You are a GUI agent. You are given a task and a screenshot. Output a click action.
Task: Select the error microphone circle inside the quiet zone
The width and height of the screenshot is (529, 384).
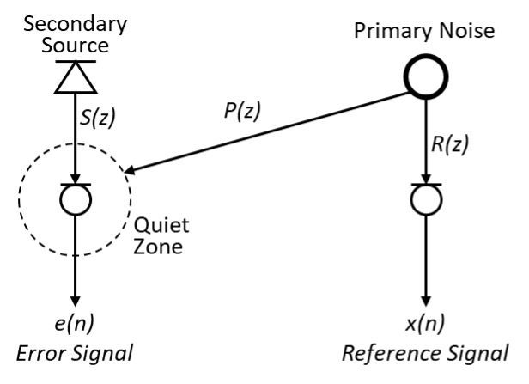[x=74, y=199]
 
